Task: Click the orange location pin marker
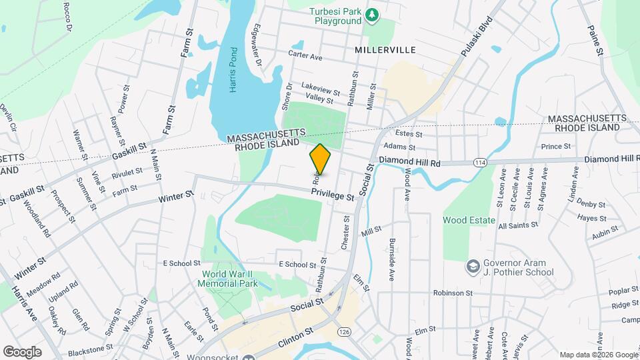[320, 160]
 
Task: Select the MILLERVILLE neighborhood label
[385, 50]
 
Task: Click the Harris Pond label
[233, 70]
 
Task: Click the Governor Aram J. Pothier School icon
[473, 267]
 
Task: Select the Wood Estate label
[469, 220]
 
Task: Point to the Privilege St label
[332, 195]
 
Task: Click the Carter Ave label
[305, 55]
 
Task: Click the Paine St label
[595, 40]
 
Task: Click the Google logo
[22, 351]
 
